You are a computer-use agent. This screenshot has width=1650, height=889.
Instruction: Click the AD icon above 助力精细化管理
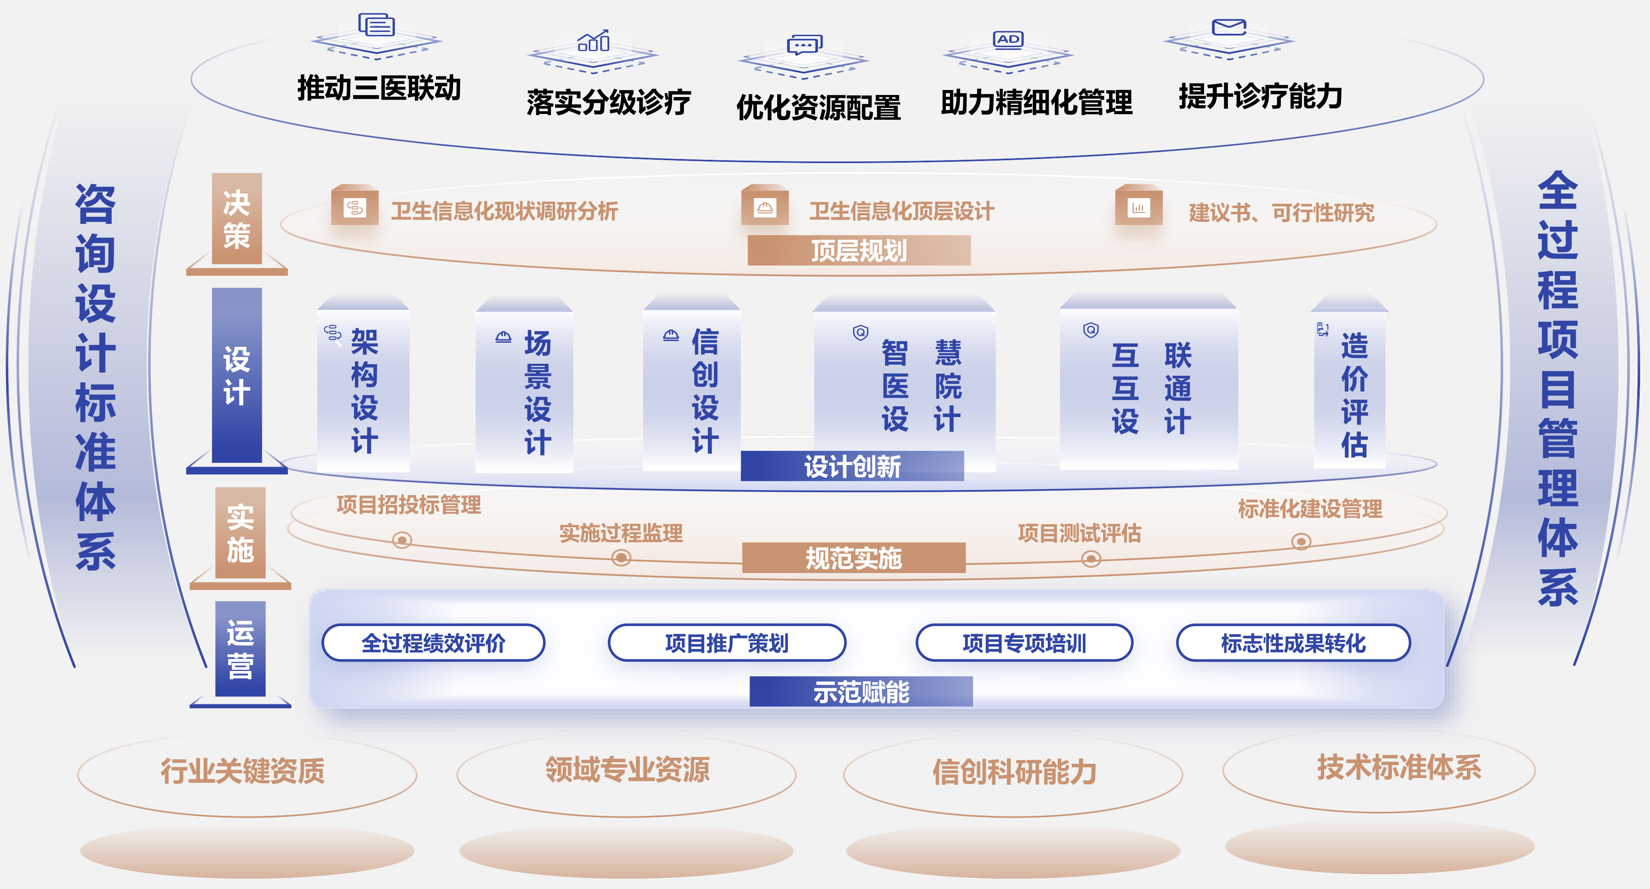[1008, 39]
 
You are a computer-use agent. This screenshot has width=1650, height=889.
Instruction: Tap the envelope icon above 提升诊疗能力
[1228, 27]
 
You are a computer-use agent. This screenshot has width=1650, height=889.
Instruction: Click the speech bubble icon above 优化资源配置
[804, 45]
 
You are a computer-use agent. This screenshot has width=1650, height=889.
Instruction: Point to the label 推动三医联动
[379, 88]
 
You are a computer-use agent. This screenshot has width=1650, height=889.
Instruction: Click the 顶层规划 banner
[859, 250]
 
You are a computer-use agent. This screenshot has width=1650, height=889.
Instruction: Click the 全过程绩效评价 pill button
[433, 642]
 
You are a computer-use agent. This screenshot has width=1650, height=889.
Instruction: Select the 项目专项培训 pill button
[1024, 642]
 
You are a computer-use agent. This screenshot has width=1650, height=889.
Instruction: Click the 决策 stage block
[237, 218]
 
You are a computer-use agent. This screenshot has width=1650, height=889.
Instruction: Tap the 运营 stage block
[240, 649]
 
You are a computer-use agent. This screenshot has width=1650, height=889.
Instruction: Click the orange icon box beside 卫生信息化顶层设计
[765, 206]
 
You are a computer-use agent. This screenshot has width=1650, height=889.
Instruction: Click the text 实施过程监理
[621, 533]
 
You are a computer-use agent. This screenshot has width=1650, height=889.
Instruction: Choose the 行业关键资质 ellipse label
[243, 770]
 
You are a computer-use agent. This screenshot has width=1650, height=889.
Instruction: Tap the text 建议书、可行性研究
[1282, 212]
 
